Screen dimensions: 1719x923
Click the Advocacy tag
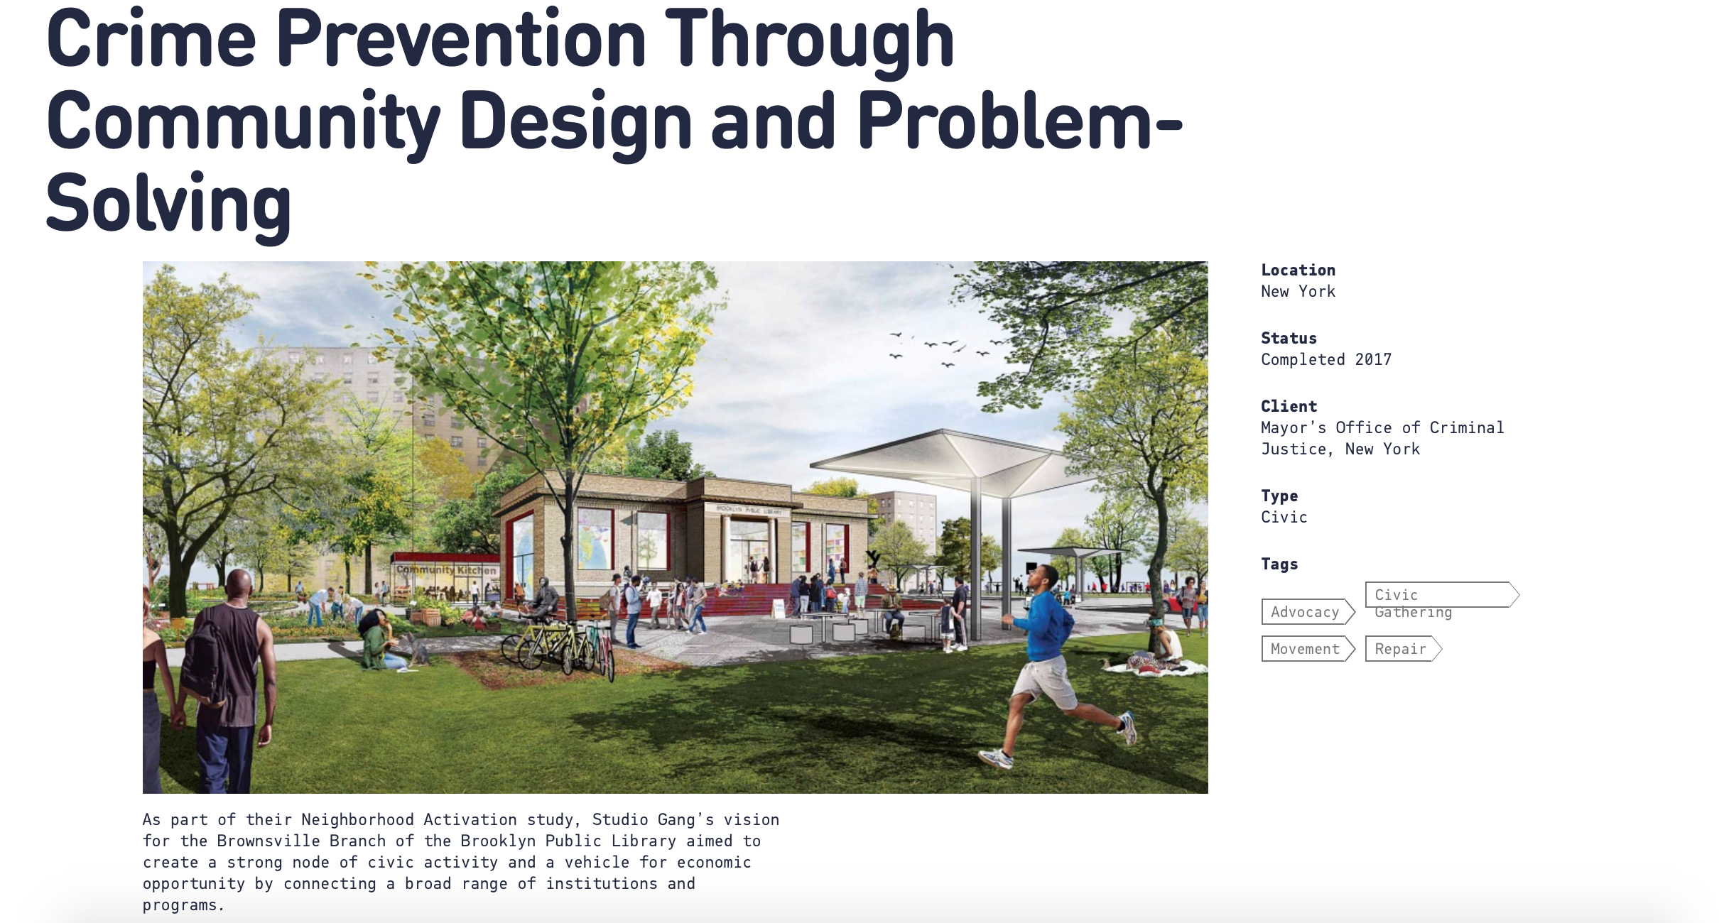(x=1308, y=612)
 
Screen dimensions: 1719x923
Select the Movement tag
(x=1308, y=649)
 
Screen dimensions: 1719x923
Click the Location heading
(x=1298, y=270)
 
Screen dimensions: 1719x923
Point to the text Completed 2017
(x=1326, y=359)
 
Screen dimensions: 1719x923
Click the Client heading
(x=1289, y=406)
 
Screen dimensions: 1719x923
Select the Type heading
(x=1279, y=496)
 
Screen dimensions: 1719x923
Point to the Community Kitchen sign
(x=446, y=569)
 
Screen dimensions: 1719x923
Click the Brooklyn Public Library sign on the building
(x=748, y=510)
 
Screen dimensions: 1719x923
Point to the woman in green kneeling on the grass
(x=381, y=640)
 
